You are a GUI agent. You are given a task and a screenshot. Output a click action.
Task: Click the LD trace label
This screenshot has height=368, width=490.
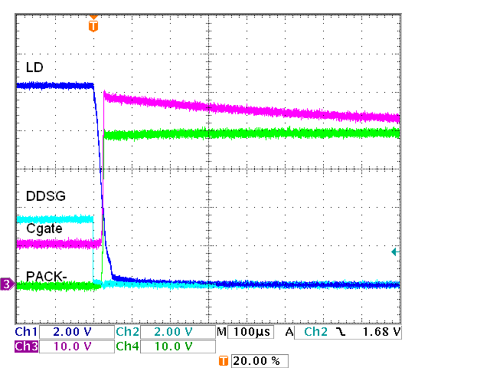pos(34,67)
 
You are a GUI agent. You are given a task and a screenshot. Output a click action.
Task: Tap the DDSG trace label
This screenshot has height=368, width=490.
pos(42,196)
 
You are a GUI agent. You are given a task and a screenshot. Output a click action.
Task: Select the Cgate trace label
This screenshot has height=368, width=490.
pos(44,228)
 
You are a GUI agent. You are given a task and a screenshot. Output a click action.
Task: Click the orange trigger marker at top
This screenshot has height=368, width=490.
pos(93,25)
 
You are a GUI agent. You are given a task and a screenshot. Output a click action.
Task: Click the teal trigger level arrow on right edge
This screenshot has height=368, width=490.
pos(395,251)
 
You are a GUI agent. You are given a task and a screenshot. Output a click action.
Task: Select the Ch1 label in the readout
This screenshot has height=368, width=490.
pos(26,332)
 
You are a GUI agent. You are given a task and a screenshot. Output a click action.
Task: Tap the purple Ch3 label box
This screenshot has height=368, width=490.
pos(26,346)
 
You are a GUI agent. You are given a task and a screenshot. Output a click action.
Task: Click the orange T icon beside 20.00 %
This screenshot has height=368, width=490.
pos(224,360)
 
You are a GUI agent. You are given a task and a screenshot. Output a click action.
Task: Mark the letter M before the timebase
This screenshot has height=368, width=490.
pos(221,332)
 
